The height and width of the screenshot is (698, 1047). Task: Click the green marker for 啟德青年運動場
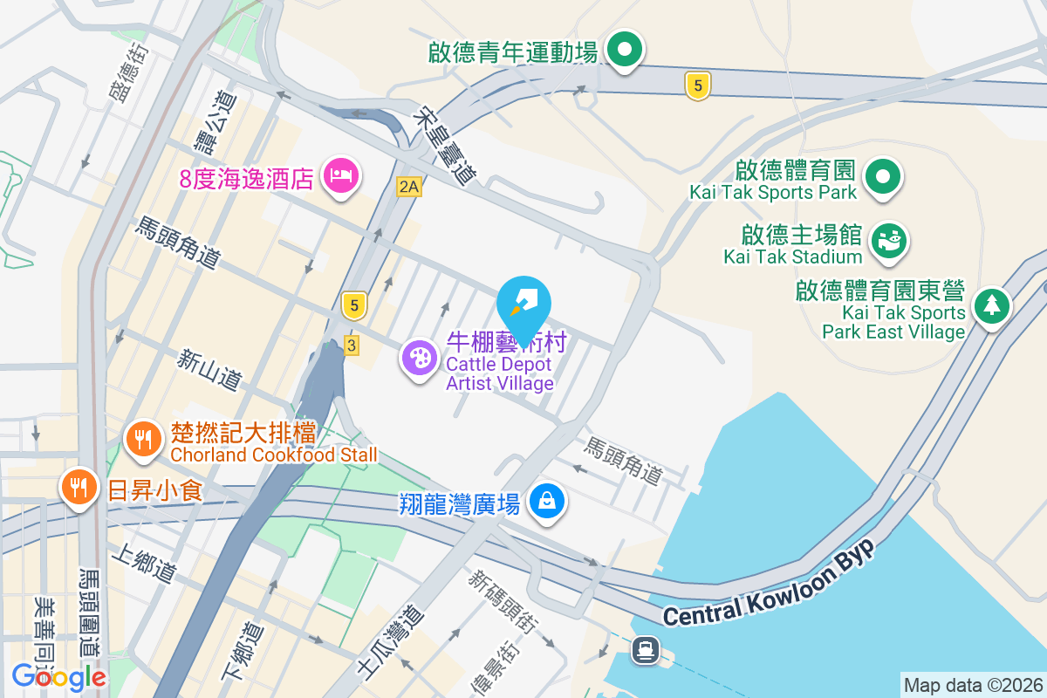[x=625, y=50]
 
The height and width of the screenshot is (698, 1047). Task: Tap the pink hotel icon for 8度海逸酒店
[x=340, y=177]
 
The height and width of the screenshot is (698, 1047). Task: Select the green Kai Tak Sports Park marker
[x=883, y=177]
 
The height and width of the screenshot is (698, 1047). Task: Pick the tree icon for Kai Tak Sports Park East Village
[x=992, y=305]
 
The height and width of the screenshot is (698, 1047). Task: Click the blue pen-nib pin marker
[x=523, y=302]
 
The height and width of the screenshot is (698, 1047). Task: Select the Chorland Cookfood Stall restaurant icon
[x=142, y=437]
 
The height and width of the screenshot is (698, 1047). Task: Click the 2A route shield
[x=408, y=186]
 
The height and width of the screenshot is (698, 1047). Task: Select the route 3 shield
[x=352, y=346]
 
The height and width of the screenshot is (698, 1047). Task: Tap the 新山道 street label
[x=209, y=370]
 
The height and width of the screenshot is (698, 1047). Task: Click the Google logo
[x=58, y=675]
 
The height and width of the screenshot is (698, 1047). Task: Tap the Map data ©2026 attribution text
[x=973, y=686]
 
